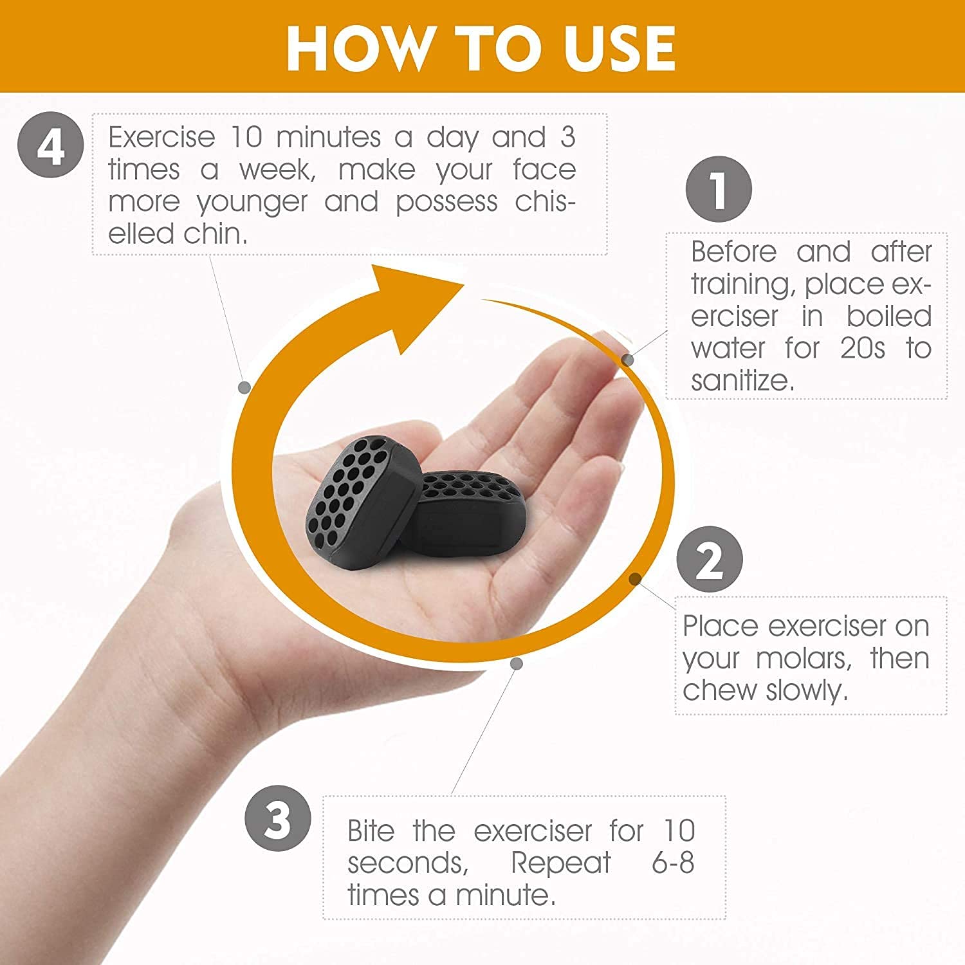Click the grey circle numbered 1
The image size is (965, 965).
coord(719,189)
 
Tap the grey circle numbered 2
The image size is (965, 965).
coord(710,559)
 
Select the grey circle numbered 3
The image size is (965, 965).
coord(278,820)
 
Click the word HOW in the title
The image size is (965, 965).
coord(357,48)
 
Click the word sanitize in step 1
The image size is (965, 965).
coord(742,380)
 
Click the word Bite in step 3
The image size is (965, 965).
coord(371,831)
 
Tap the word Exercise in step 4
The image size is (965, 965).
coord(161,137)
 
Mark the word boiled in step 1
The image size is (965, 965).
coord(889,316)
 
